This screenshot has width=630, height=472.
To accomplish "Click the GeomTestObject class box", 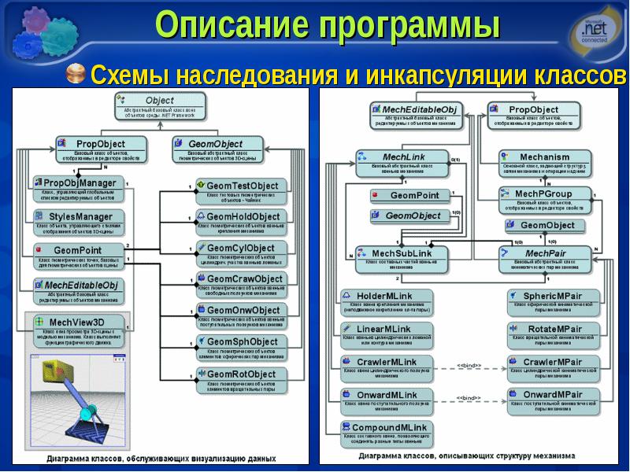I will pyautogui.click(x=242, y=190).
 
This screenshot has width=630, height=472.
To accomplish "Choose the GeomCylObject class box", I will pyautogui.click(x=242, y=253).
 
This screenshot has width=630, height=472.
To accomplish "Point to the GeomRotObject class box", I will pyautogui.click(x=242, y=379).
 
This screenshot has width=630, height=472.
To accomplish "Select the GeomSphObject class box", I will pyautogui.click(x=242, y=348).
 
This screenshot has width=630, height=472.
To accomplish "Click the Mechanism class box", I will pyautogui.click(x=544, y=162).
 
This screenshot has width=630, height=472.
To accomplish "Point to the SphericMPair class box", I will pyautogui.click(x=551, y=301).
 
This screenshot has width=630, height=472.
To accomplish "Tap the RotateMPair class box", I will pyautogui.click(x=551, y=334).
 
